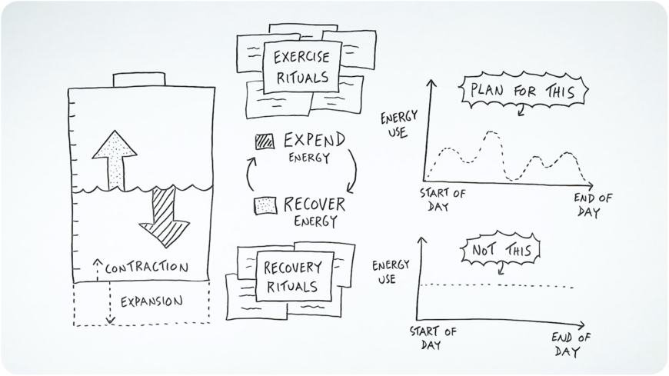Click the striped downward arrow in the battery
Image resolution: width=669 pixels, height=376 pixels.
click(164, 215)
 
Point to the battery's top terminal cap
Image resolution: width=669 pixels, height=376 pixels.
click(135, 79)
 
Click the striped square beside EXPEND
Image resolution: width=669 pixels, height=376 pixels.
click(265, 141)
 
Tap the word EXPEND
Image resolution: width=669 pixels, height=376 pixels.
click(314, 141)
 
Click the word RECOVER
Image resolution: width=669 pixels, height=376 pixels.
click(315, 205)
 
